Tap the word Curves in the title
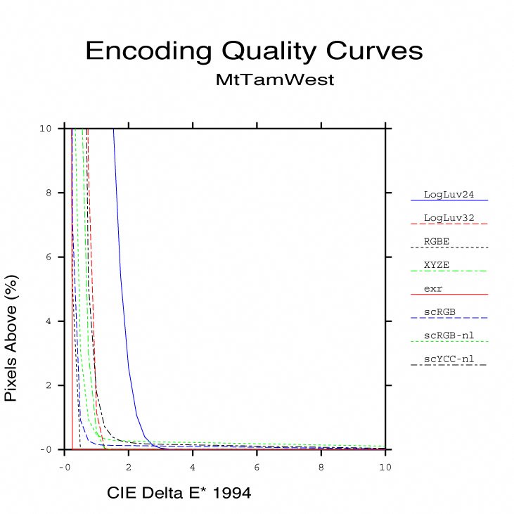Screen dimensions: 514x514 [376, 51]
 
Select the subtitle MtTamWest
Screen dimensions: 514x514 [275, 80]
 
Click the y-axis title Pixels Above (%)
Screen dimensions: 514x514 [11, 338]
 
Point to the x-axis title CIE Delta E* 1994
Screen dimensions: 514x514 [179, 493]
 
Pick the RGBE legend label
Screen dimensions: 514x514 [437, 241]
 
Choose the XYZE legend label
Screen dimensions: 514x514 [437, 265]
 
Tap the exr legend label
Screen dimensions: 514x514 [433, 288]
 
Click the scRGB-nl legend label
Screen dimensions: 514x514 [449, 335]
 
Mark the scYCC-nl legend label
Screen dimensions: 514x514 [449, 359]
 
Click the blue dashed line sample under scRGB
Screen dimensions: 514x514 [449, 318]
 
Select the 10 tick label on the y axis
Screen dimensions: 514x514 [46, 129]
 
